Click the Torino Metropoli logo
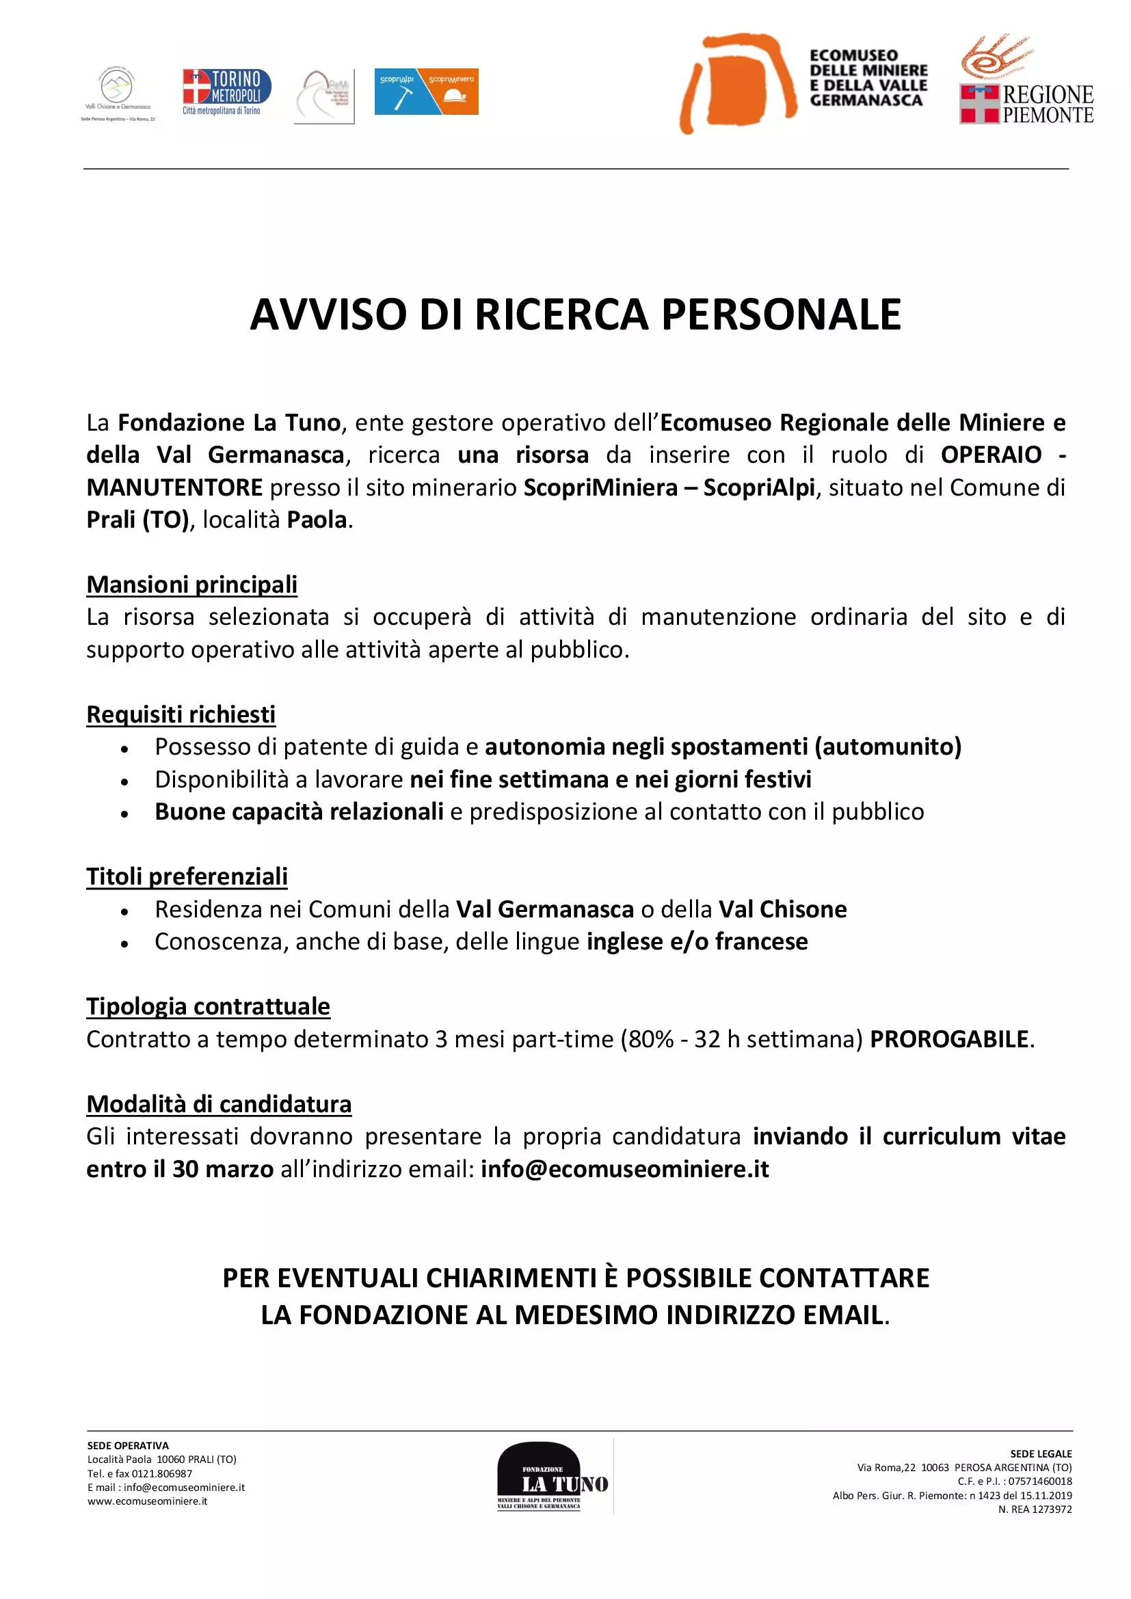tap(226, 91)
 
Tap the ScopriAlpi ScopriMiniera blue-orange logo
tap(426, 91)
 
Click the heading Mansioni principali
tap(191, 584)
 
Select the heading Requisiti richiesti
tap(181, 714)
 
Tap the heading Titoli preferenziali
tap(187, 876)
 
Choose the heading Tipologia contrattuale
tap(209, 1006)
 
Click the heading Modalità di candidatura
tap(219, 1104)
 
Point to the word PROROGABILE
tap(949, 1039)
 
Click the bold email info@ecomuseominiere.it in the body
tap(625, 1168)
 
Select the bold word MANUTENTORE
tap(175, 487)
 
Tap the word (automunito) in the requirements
tap(888, 747)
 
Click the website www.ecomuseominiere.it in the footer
tap(148, 1501)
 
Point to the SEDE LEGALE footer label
tap(1041, 1454)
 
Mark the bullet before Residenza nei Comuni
tap(124, 911)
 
